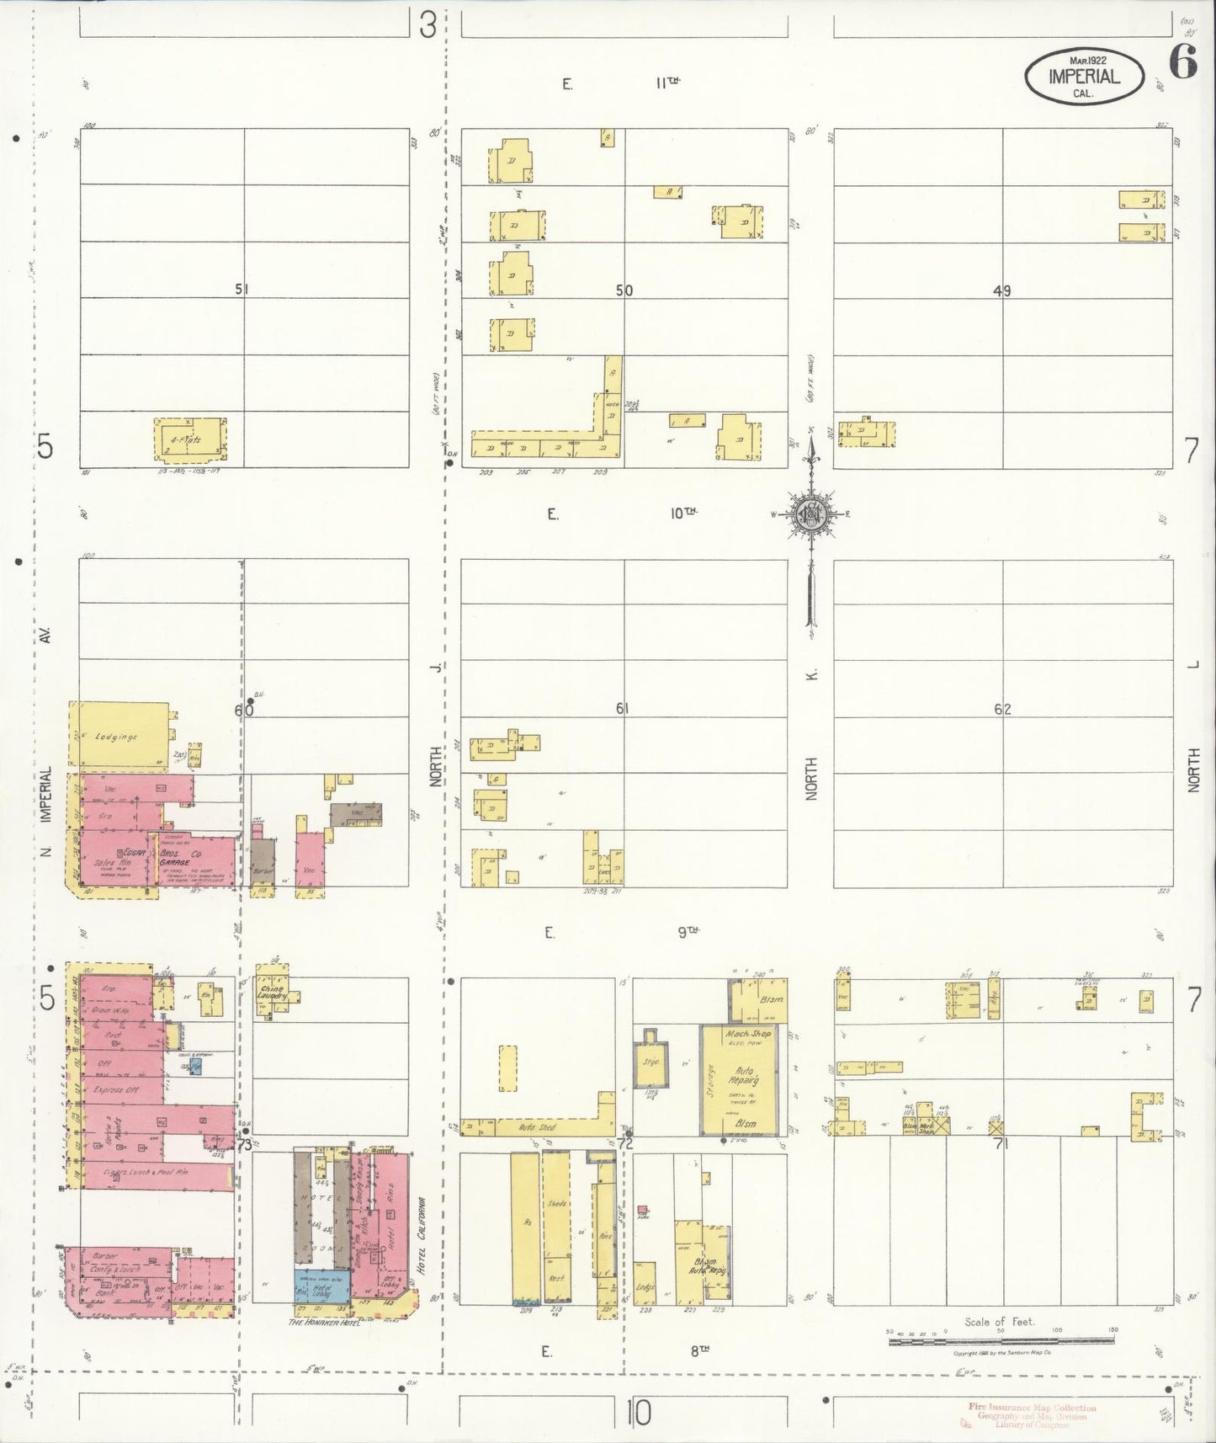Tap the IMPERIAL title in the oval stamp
click(1084, 77)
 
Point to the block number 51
click(242, 290)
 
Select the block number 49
click(1001, 291)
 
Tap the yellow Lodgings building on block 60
click(117, 736)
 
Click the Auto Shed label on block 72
click(539, 1126)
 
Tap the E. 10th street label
click(623, 514)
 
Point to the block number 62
click(1001, 709)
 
